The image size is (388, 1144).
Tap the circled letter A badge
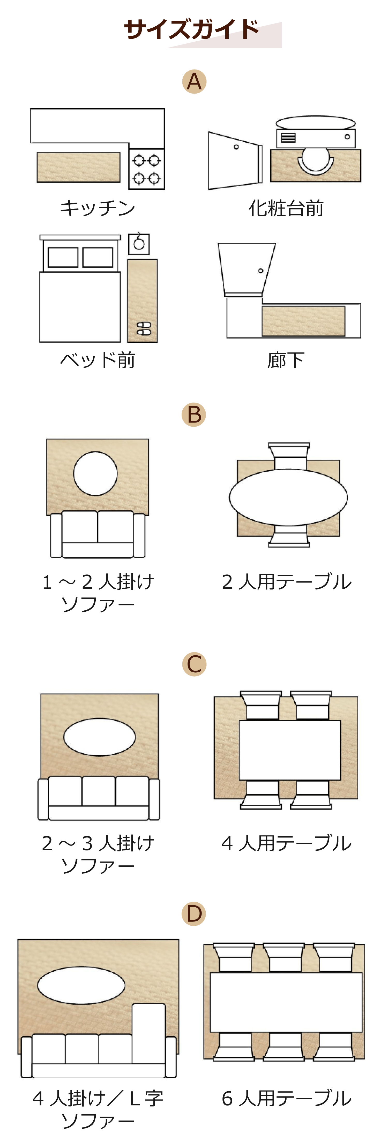point(194,82)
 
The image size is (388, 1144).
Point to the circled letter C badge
point(194,664)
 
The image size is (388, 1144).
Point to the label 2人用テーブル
point(287,582)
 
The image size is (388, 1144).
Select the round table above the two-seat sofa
point(95,473)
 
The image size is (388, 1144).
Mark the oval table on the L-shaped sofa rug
point(81,985)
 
